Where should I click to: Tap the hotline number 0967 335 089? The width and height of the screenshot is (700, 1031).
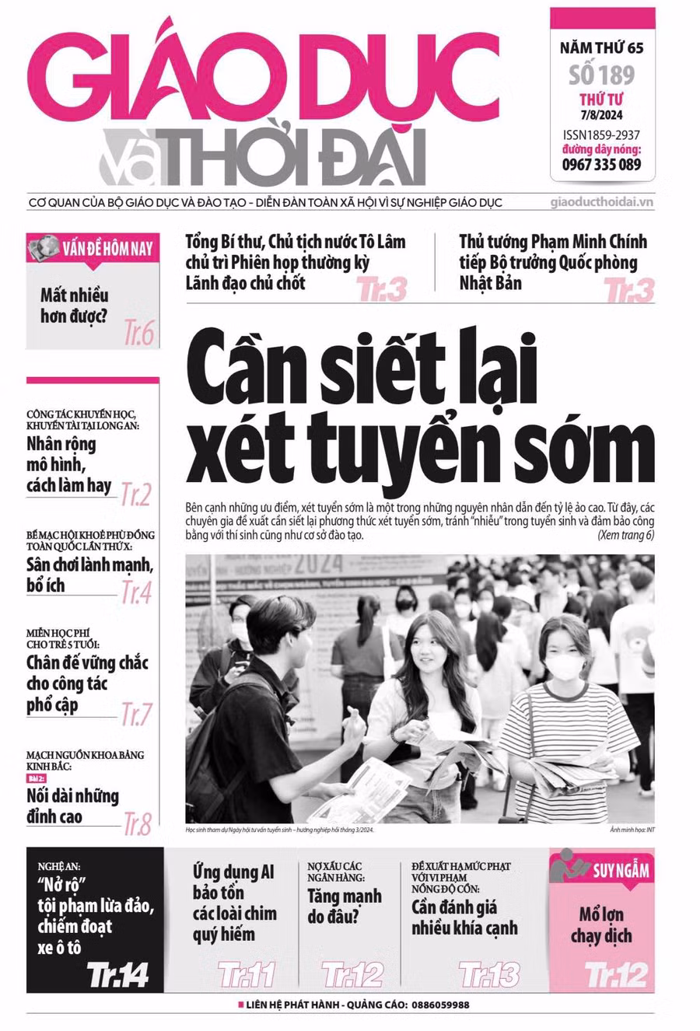coord(601,164)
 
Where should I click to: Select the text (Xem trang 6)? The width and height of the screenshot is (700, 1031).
coord(625,535)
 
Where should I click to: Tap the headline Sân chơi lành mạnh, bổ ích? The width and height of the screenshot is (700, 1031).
coord(89,575)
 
